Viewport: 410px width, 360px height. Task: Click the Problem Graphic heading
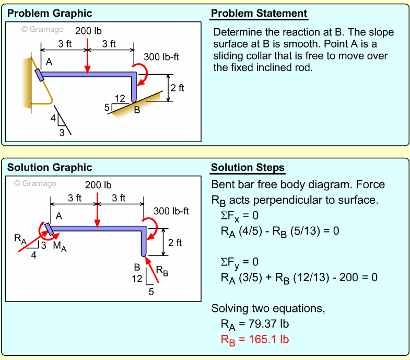tap(50, 14)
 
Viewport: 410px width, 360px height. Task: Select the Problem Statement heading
tap(259, 14)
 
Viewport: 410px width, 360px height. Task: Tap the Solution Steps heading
tap(248, 168)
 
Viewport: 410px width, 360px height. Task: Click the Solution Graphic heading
tap(50, 168)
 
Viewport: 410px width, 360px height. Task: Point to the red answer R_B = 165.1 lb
tap(255, 340)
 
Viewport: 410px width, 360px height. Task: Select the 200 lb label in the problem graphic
tap(88, 30)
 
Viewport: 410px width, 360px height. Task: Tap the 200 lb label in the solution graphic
tap(98, 185)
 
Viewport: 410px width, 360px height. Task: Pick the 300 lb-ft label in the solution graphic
tap(171, 212)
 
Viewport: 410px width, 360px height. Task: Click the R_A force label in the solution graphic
tap(20, 240)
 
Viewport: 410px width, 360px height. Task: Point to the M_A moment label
tap(60, 248)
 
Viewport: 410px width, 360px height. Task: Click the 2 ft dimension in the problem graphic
tap(178, 88)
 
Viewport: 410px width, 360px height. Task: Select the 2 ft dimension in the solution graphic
tap(175, 242)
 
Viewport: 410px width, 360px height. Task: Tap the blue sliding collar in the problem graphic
tap(39, 74)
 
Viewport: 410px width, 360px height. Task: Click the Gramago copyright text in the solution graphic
tap(35, 183)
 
